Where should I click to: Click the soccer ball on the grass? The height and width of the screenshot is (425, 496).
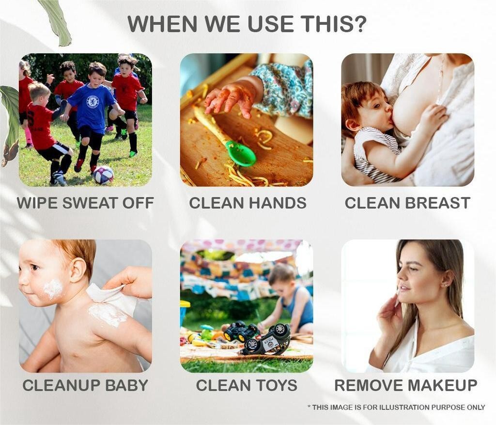point(103,175)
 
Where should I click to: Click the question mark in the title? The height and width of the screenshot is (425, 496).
point(359,23)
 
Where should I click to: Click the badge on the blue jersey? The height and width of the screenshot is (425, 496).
point(93,102)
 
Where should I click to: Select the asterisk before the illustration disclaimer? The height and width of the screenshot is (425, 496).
point(309,406)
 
